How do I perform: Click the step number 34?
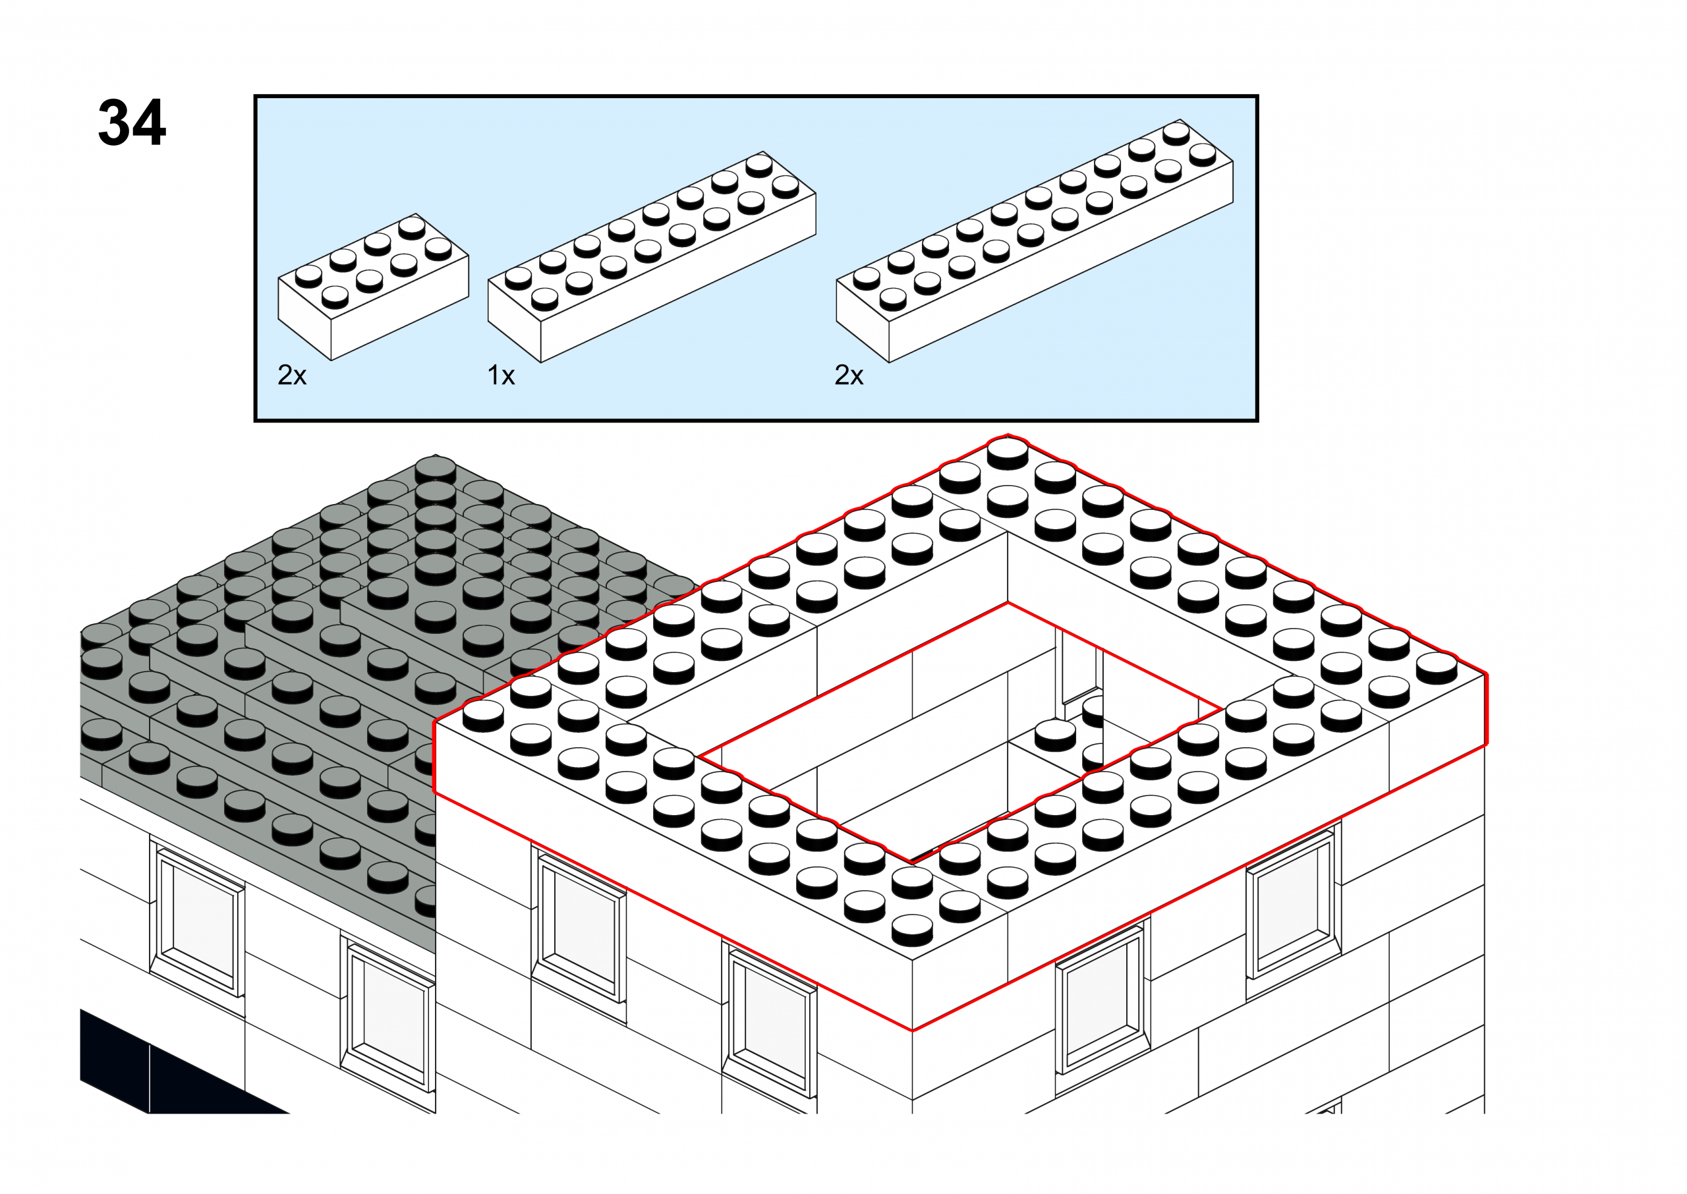(132, 123)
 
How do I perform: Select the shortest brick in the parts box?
(373, 287)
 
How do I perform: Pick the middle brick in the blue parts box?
(651, 258)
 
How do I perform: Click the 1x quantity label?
(501, 376)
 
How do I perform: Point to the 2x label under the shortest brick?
(291, 376)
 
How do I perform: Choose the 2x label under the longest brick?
(848, 376)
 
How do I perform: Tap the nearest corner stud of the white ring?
(912, 928)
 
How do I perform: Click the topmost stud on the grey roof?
(435, 468)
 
